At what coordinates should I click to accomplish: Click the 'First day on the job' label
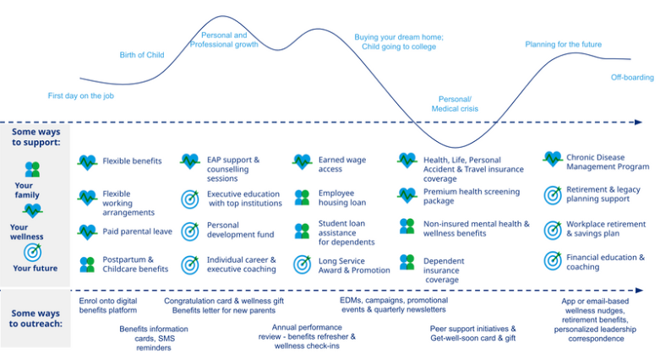(x=81, y=96)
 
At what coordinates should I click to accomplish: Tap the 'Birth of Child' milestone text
(x=142, y=55)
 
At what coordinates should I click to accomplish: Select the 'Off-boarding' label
(x=632, y=78)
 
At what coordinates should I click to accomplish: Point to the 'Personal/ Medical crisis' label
(x=455, y=104)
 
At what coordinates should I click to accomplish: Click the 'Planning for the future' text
(x=563, y=44)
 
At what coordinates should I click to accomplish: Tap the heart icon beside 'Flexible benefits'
(x=88, y=162)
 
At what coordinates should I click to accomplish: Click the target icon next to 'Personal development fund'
(x=190, y=232)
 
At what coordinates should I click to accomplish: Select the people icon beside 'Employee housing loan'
(x=302, y=198)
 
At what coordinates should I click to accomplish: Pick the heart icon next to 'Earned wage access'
(x=303, y=161)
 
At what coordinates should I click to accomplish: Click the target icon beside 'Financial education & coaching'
(x=553, y=260)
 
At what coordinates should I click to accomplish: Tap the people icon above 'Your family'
(x=32, y=169)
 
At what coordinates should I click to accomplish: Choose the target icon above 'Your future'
(x=32, y=252)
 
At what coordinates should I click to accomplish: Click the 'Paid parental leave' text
(x=137, y=232)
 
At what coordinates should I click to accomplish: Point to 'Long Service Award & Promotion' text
(x=354, y=265)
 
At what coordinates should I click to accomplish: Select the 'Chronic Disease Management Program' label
(x=608, y=162)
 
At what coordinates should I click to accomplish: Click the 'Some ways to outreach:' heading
(x=35, y=319)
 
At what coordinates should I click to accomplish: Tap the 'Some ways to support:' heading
(x=35, y=137)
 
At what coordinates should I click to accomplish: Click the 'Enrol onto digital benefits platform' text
(x=108, y=306)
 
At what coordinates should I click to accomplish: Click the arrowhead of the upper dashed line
(x=639, y=122)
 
